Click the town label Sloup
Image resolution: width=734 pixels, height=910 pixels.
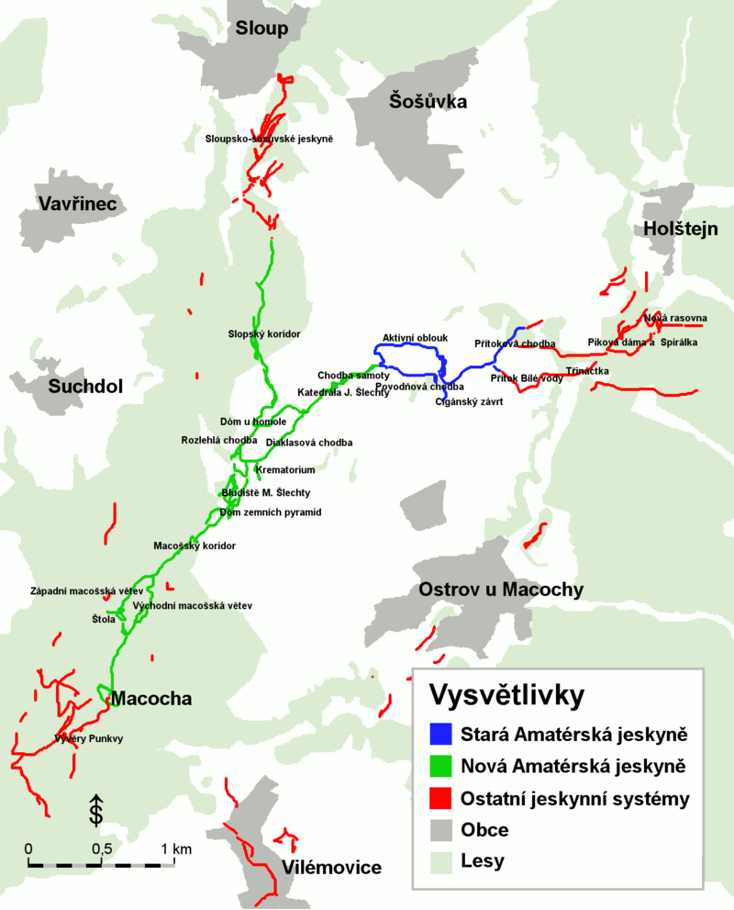pos(261,29)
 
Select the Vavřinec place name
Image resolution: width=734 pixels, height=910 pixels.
pos(77,203)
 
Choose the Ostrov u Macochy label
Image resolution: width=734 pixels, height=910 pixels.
pos(501,590)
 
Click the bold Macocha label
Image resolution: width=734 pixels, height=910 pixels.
pos(151,699)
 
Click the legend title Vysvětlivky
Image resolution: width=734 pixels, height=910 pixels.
pos(506,695)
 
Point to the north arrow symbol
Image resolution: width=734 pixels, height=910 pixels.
pos(95,808)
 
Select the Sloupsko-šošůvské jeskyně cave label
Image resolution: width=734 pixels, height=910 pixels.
pos(269,140)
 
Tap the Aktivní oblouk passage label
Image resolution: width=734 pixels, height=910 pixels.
pos(415,338)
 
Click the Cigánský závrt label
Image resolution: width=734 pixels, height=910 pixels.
pos(469,401)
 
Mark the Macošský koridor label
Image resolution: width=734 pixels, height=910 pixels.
pos(195,545)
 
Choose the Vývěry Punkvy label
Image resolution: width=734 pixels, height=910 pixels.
pos(88,738)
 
